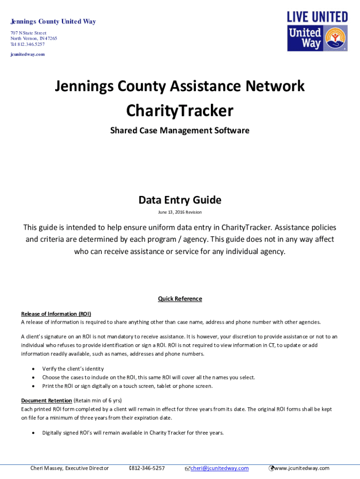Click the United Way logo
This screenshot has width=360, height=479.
click(317, 38)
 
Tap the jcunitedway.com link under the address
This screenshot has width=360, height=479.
click(28, 54)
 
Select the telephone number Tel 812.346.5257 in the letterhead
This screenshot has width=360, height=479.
click(28, 44)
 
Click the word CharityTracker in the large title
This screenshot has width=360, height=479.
click(180, 111)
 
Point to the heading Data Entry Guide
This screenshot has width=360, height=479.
click(180, 200)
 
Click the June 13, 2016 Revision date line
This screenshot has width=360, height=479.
click(180, 212)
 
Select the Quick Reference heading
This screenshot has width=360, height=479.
click(180, 299)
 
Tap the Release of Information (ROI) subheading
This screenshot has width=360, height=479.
click(56, 314)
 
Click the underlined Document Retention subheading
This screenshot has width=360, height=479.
click(46, 400)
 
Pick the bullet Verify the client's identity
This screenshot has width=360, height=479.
click(73, 369)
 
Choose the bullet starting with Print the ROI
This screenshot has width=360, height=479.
click(127, 386)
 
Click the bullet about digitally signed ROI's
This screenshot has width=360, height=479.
click(133, 433)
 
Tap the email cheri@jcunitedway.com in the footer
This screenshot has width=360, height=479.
click(219, 468)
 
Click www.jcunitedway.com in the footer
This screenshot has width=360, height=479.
click(302, 468)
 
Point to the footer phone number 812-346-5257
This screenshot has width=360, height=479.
click(148, 468)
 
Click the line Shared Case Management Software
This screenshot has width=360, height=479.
click(180, 131)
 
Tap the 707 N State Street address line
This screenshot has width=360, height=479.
click(29, 33)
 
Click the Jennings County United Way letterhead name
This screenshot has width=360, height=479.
click(53, 22)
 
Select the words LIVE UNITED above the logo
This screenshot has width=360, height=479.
click(317, 17)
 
